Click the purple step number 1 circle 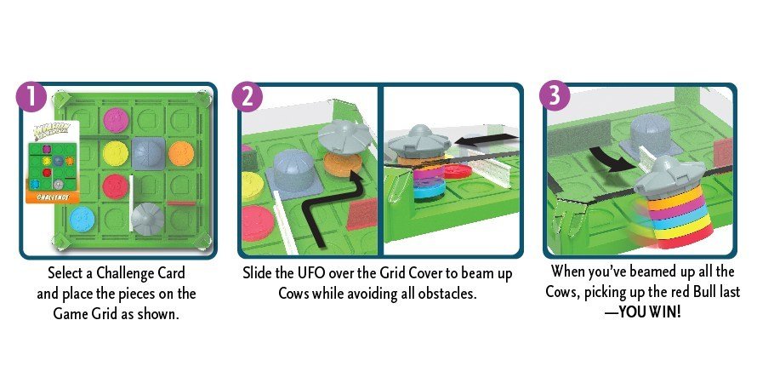click(31, 96)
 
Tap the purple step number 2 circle click(248, 96)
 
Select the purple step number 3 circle click(555, 95)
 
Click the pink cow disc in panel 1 click(116, 120)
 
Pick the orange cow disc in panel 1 click(181, 153)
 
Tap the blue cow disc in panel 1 click(82, 219)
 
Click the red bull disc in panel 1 click(116, 186)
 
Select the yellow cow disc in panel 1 click(116, 153)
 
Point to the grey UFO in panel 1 click(148, 219)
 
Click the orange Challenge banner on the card click(53, 197)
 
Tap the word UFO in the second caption click(310, 273)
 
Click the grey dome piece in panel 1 click(148, 153)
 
